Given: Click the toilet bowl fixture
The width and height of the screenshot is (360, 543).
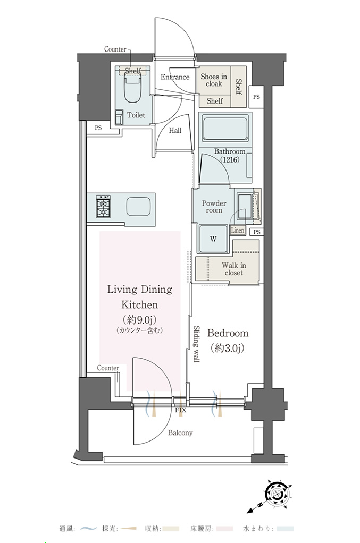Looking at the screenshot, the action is [x=132, y=89].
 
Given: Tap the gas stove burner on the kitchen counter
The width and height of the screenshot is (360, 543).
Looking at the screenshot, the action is [x=104, y=206].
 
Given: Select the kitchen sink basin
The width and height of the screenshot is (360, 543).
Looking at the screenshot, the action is [x=138, y=207].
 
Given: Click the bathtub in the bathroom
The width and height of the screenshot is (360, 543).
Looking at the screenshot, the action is [x=225, y=129].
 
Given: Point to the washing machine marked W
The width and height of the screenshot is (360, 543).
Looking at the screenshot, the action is [x=213, y=239].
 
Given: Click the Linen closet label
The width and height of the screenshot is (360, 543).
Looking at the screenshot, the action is [x=238, y=230].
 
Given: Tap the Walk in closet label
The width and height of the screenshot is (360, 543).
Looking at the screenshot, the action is [x=234, y=269].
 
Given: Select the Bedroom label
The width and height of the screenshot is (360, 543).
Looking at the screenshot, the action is [x=228, y=333].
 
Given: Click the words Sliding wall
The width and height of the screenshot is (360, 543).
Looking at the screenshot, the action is [x=196, y=344].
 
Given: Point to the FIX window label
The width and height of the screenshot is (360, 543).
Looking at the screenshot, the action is [x=180, y=410].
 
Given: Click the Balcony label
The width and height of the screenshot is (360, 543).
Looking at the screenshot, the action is [x=180, y=433].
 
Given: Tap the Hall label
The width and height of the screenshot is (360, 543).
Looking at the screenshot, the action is [x=175, y=131].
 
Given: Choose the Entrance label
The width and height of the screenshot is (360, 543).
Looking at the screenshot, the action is [x=175, y=77].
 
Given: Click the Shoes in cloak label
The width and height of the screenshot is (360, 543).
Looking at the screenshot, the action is [x=214, y=80].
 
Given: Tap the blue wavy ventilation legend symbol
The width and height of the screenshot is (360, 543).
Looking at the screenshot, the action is [x=88, y=529].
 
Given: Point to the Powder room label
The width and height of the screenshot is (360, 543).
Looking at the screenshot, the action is [x=214, y=207].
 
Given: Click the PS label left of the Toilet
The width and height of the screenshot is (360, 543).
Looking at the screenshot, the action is [x=98, y=128].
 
